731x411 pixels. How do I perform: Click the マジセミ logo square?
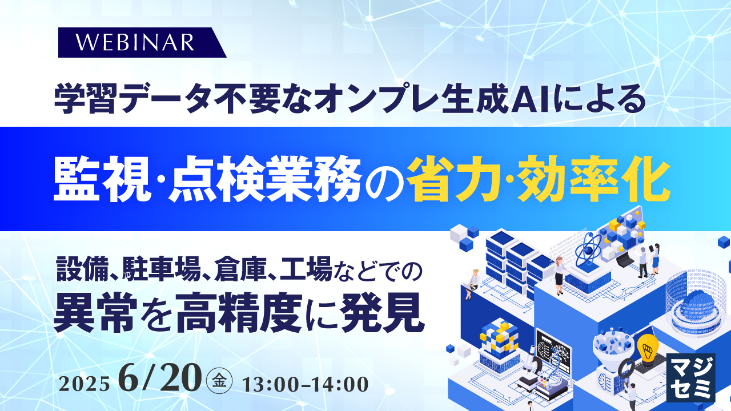(690, 377)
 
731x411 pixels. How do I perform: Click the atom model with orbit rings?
(588, 251)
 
